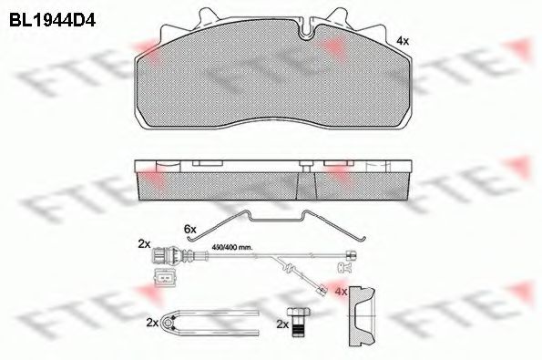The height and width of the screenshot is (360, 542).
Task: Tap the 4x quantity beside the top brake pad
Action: [404, 41]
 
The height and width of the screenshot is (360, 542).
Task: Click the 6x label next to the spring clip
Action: [189, 228]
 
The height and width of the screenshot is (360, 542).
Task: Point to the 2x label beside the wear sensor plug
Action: [143, 244]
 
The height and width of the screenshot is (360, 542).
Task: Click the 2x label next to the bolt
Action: [281, 324]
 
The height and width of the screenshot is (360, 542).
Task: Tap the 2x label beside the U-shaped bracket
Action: [151, 323]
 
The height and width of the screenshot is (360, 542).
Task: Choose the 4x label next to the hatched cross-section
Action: [341, 292]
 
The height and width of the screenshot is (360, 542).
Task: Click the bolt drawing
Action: [297, 322]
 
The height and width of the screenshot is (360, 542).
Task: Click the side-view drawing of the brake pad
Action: [270, 180]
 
